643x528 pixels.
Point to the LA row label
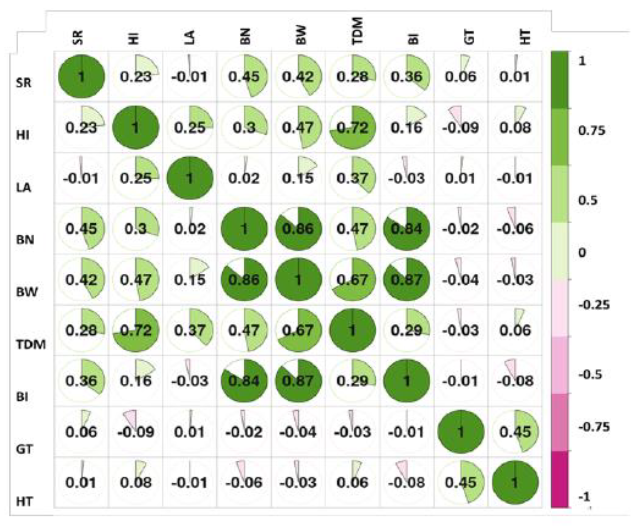[x=23, y=187]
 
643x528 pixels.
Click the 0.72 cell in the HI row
[x=353, y=128]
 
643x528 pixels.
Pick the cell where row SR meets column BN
[x=244, y=76]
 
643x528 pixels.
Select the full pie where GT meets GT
[x=461, y=432]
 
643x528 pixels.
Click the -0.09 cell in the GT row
[x=136, y=432]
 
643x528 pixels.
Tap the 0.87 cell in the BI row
[x=298, y=381]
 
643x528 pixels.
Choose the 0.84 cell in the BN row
[x=407, y=229]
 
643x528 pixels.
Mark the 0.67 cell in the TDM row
[x=298, y=330]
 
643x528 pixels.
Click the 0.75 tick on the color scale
[x=591, y=131]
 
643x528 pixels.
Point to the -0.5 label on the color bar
[x=590, y=374]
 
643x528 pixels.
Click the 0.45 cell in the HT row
[x=461, y=482]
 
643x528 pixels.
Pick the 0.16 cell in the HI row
[x=407, y=128]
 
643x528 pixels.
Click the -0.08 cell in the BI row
[x=515, y=381]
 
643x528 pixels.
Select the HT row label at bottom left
[x=24, y=501]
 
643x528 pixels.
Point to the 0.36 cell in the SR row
[x=407, y=76]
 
